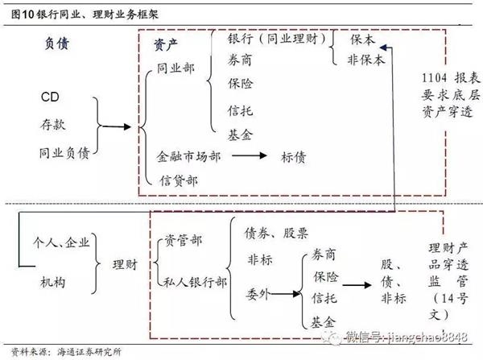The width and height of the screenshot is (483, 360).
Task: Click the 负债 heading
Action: coord(56,45)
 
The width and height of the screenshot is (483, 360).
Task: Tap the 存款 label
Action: coord(52,125)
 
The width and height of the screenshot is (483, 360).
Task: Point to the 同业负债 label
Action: coord(64,151)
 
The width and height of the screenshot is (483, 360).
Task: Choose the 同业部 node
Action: coord(174,70)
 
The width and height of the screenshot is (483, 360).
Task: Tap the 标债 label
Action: coord(294,157)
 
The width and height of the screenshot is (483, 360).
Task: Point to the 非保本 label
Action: coord(366,60)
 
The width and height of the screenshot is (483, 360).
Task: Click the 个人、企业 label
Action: coord(61,242)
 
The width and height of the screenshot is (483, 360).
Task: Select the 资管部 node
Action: coord(184,240)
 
